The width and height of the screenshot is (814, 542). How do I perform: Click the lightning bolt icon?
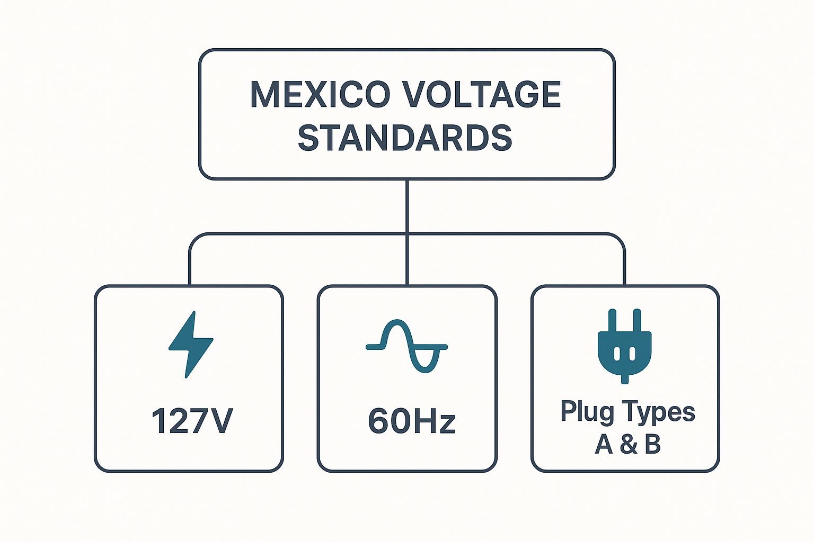190,344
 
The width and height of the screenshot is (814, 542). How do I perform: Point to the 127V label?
192,421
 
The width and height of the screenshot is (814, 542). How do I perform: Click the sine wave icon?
406,347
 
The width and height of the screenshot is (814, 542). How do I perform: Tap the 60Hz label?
411,421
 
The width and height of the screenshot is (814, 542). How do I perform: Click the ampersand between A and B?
628,444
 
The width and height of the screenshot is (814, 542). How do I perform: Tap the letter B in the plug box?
653,444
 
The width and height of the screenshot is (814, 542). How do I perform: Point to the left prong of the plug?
613,321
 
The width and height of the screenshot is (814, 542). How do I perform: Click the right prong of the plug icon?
637,321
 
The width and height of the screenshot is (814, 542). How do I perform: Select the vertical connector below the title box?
406,206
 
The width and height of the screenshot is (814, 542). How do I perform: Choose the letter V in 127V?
220,421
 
